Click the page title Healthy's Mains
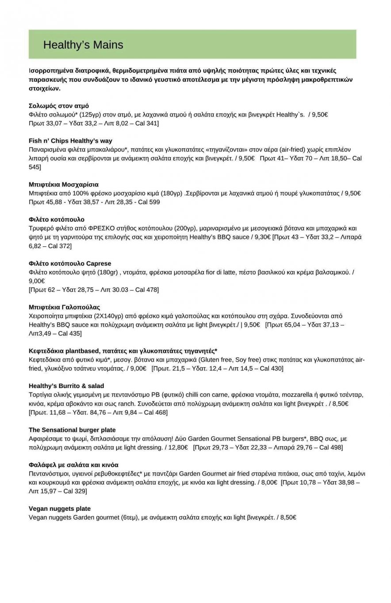click(83, 45)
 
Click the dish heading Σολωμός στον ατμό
click(58, 106)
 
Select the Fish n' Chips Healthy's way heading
click(70, 141)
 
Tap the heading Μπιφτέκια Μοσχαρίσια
click(63, 185)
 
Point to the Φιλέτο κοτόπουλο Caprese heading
click(70, 264)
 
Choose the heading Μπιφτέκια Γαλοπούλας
click(64, 307)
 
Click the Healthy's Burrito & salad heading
click(66, 386)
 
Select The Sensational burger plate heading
click(72, 430)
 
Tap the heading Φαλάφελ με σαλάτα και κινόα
click(73, 465)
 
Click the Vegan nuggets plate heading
click(60, 509)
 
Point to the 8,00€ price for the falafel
click(268, 482)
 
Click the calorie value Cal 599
click(149, 202)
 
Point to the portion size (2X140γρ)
click(108, 316)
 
